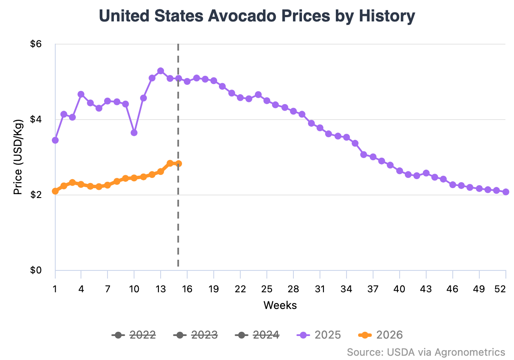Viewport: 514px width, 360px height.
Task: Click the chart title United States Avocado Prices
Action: [x=257, y=16]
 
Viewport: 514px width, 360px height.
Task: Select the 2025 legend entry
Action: [x=320, y=335]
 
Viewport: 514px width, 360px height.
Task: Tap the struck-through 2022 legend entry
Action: [x=134, y=335]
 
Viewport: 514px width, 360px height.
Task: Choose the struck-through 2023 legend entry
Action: [x=196, y=335]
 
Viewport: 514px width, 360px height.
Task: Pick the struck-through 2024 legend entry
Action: [x=258, y=335]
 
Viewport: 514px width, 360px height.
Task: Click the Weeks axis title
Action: [x=280, y=305]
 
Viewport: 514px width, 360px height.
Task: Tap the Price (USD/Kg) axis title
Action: [x=18, y=157]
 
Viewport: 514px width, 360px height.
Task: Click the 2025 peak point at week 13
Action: [x=161, y=71]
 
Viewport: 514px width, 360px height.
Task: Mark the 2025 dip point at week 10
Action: [x=134, y=132]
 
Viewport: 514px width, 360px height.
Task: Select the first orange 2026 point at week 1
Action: [x=55, y=191]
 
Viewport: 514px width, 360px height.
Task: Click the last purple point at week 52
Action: [x=506, y=192]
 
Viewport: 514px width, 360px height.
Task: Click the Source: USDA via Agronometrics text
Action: [x=426, y=352]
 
